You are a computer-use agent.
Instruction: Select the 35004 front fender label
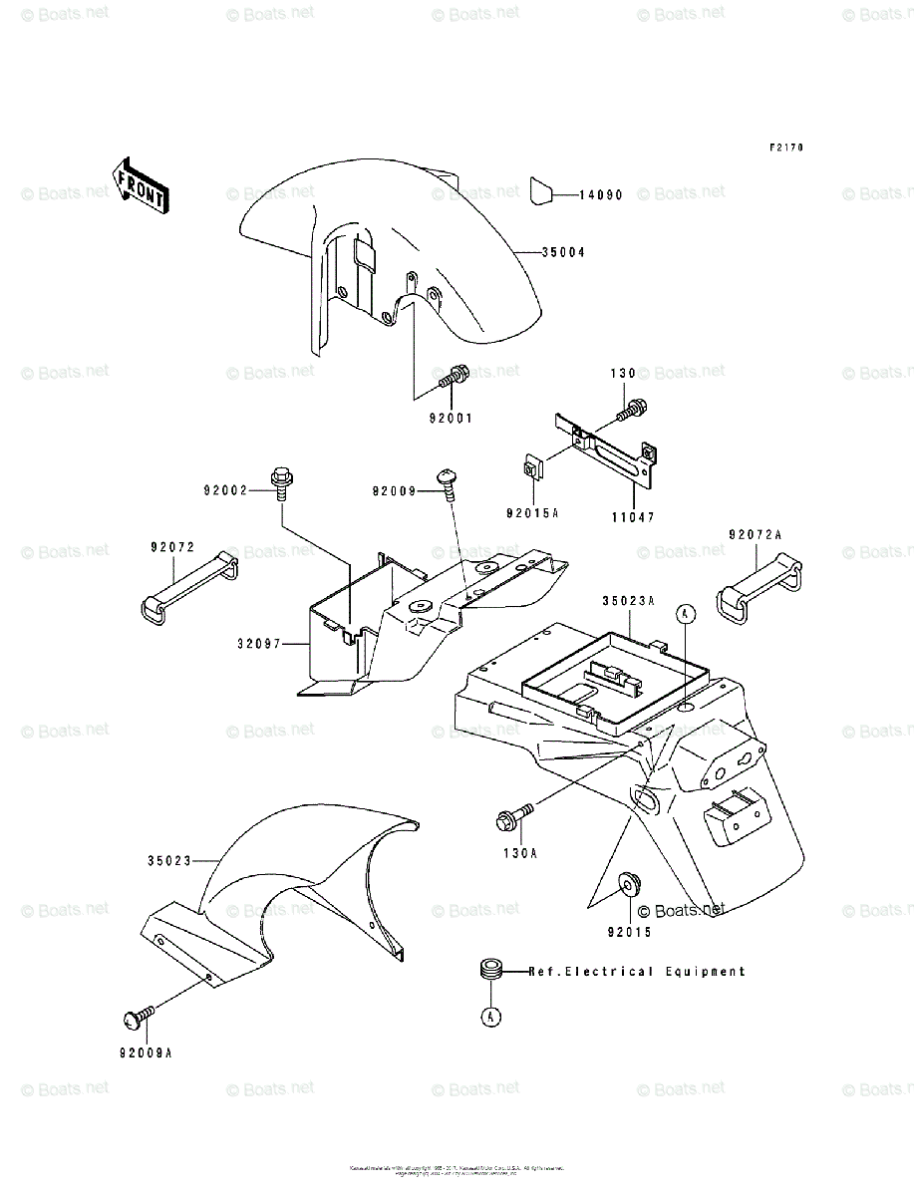pos(563,253)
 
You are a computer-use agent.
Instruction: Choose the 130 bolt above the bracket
pos(631,406)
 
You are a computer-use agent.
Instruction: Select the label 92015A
pos(532,513)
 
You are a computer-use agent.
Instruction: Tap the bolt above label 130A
pos(510,819)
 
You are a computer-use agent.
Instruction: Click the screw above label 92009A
pos(137,1017)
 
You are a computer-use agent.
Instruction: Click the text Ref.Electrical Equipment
pos(636,971)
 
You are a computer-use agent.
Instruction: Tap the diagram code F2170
pos(786,148)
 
